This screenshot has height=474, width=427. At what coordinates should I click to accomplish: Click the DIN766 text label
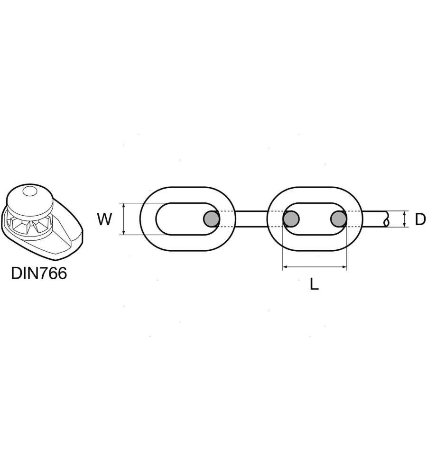click(39, 273)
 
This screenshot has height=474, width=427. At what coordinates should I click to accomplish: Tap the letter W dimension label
click(105, 219)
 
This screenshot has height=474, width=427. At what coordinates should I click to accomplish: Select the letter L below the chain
click(314, 284)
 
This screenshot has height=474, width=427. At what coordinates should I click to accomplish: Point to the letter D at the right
click(420, 219)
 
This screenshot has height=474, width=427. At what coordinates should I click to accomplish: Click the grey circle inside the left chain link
click(212, 219)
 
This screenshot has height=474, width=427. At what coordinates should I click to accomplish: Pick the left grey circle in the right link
click(291, 219)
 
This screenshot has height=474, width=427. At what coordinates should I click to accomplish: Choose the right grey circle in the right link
click(339, 219)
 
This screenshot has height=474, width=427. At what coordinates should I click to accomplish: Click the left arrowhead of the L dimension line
click(285, 268)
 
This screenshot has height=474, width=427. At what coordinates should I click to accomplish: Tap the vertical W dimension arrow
click(123, 219)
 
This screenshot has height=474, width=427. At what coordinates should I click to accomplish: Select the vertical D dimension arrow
click(404, 219)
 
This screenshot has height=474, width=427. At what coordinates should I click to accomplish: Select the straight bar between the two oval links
click(251, 219)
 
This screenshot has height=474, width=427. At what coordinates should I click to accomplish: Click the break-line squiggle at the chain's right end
click(386, 219)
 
